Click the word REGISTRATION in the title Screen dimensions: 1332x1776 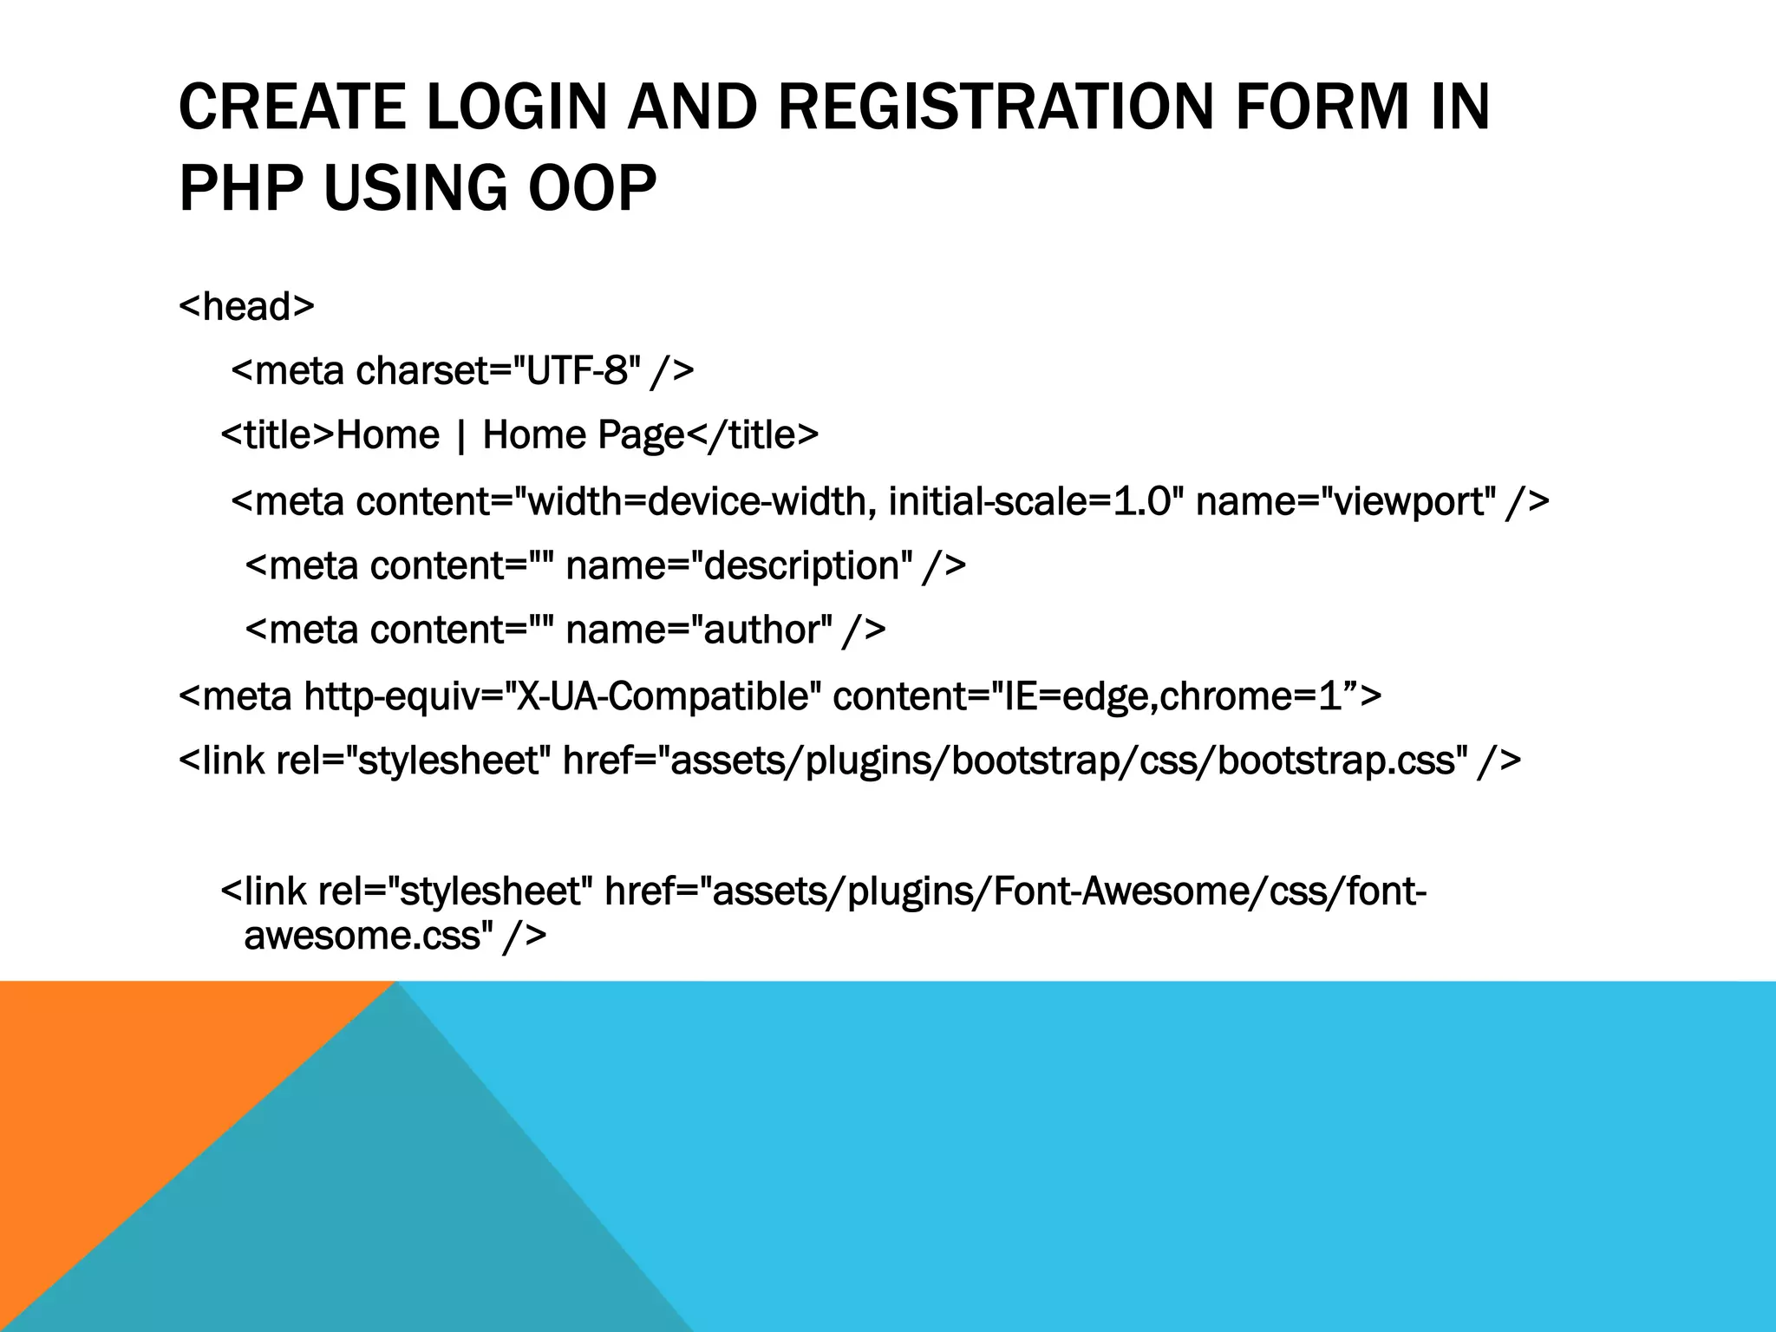[995, 107]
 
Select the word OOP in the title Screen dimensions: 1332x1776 [592, 188]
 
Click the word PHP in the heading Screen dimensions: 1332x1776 [242, 188]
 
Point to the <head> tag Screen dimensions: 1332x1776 [246, 306]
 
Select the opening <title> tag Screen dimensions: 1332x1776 [277, 435]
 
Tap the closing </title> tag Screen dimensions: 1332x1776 [753, 435]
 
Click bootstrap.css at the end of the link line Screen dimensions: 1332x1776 [1335, 761]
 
